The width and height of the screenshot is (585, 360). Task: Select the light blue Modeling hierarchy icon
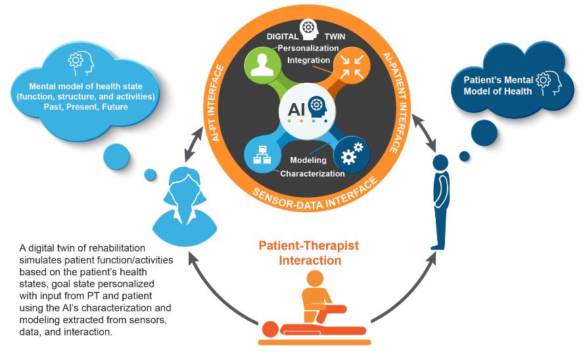(262, 154)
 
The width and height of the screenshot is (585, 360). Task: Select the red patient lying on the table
(289, 328)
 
